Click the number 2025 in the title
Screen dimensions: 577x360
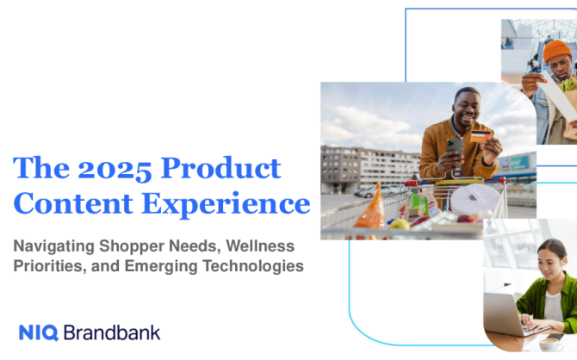coord(115,169)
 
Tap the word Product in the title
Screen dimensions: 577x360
coord(220,168)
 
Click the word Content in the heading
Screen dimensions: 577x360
coord(73,203)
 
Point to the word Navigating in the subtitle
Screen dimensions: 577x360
coord(53,246)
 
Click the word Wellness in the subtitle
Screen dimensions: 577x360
coord(260,246)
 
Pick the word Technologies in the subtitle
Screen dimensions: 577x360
coord(253,266)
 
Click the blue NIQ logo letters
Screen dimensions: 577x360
coord(39,332)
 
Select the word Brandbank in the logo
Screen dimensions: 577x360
coord(112,332)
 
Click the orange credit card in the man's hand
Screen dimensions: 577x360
coord(481,136)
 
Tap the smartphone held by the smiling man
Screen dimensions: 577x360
coord(455,152)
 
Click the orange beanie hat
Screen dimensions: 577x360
coord(557,51)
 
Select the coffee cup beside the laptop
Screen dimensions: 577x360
coord(551,344)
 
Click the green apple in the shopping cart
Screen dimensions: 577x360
coord(400,224)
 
